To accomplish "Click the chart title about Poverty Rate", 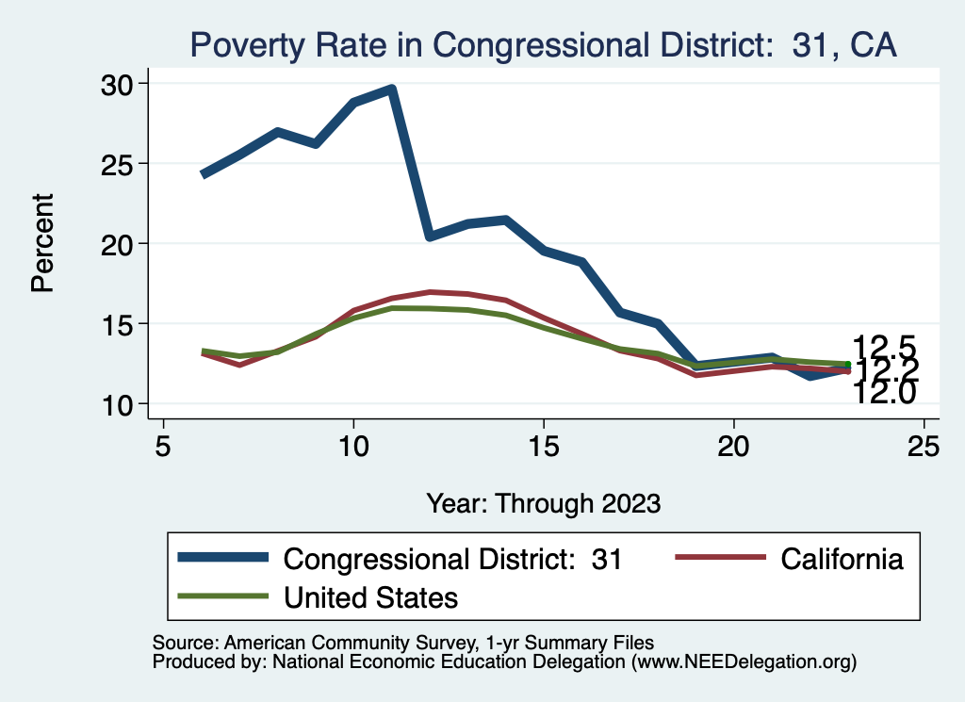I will click(x=543, y=45).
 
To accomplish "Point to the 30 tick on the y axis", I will click(x=119, y=84).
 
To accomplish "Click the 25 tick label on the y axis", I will click(x=119, y=164).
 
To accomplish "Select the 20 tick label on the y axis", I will click(x=119, y=244).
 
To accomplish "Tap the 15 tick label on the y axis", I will click(x=119, y=324).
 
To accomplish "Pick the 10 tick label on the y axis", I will click(x=119, y=404).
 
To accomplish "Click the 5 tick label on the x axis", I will click(x=164, y=446).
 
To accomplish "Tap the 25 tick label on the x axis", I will click(x=924, y=446).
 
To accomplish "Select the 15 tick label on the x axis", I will click(x=544, y=446).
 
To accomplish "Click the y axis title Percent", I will click(x=42, y=243).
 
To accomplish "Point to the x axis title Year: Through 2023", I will click(x=543, y=502).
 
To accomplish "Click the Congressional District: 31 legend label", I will click(x=453, y=559).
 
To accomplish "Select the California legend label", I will click(x=842, y=559).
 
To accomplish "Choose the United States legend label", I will click(x=370, y=596).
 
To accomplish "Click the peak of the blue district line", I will click(x=391, y=90).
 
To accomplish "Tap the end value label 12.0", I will click(x=884, y=394).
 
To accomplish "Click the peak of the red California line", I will click(x=430, y=292).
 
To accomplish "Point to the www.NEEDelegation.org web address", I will click(x=744, y=661).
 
